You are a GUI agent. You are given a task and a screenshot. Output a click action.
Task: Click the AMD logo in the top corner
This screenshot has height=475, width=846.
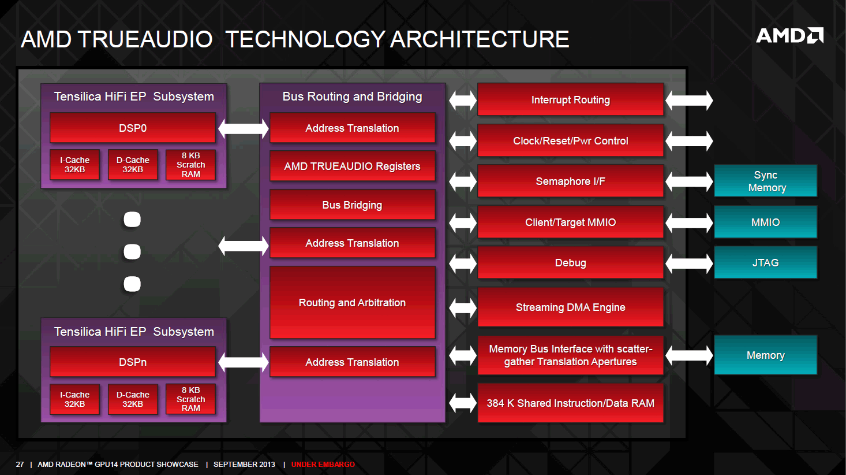point(789,36)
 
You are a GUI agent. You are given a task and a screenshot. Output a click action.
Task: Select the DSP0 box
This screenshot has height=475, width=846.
point(133,128)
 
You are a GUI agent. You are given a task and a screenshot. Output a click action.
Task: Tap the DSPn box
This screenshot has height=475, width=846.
point(133,362)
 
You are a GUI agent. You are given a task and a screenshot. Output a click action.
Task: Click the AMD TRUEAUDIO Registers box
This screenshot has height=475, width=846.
point(353,166)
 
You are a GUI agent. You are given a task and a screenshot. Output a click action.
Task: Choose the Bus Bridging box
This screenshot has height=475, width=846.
point(353,205)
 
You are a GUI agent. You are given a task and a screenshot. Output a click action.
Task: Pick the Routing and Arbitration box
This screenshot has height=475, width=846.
point(353,303)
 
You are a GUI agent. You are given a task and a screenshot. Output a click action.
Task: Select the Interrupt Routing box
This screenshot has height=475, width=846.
point(571,99)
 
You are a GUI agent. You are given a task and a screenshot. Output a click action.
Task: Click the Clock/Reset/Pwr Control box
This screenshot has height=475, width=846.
point(571,140)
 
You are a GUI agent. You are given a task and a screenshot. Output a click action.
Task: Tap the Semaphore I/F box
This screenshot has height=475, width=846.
point(571,181)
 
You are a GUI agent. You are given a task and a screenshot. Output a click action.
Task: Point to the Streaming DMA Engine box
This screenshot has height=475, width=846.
point(571,307)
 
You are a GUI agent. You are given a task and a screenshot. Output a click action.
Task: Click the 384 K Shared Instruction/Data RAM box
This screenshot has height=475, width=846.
point(571,403)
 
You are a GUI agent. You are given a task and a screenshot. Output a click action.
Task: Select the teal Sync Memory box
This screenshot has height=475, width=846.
point(766,181)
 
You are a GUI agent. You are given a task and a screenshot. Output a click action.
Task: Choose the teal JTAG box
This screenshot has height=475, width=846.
point(766,262)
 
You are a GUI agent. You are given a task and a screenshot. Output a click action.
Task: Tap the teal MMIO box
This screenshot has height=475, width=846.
point(766,222)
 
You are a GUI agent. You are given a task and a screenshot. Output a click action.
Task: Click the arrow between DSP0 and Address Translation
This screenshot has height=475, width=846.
point(243,128)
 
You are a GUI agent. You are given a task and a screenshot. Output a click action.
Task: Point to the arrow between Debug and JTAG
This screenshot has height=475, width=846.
point(689,264)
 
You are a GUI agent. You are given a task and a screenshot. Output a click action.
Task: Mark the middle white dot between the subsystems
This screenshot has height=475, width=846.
point(132,252)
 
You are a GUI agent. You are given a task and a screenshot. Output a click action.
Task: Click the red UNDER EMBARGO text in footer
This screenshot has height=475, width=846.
point(323,465)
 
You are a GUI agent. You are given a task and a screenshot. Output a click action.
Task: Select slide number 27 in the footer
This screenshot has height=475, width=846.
point(20,465)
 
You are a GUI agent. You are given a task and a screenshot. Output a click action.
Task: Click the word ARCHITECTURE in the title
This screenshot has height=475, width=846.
point(480,39)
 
